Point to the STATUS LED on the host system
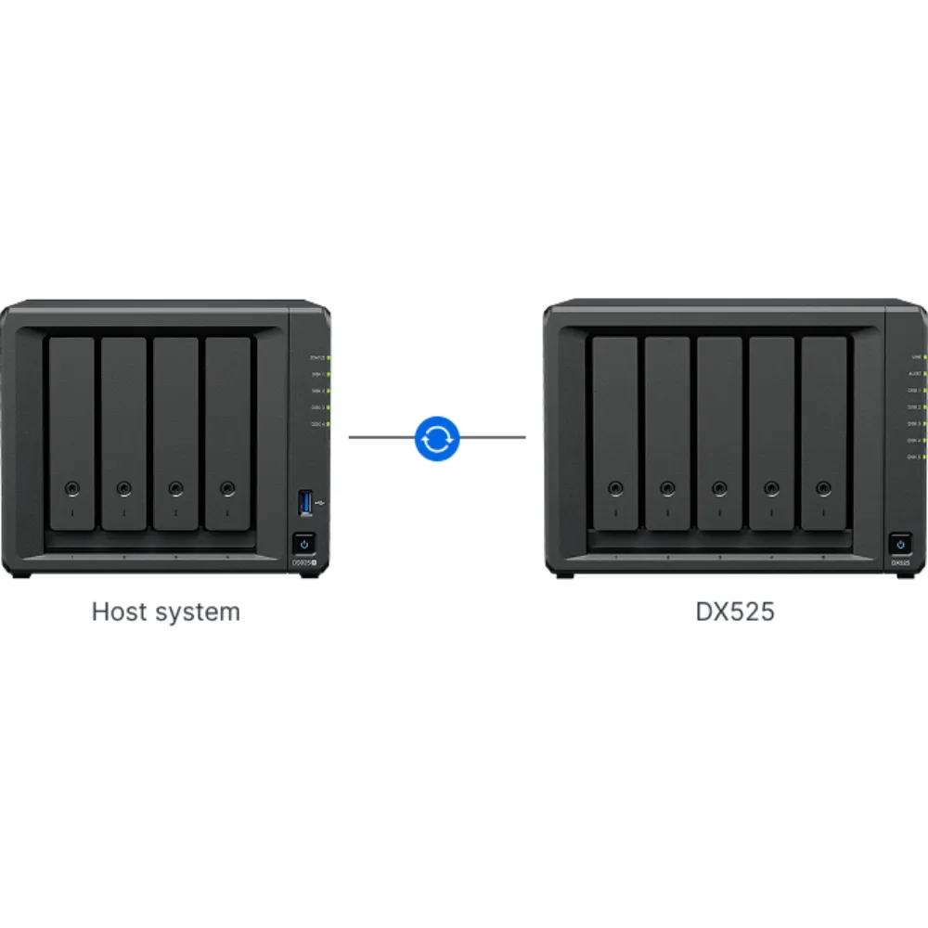tap(329, 356)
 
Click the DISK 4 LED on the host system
tap(329, 424)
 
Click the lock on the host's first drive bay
tap(72, 488)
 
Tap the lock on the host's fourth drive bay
tap(227, 488)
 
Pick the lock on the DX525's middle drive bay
tap(719, 488)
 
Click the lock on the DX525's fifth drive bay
tap(823, 488)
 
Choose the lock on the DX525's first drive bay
tap(614, 488)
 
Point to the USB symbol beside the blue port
tap(320, 503)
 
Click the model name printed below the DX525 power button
tap(898, 563)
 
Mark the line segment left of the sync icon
tap(380, 437)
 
